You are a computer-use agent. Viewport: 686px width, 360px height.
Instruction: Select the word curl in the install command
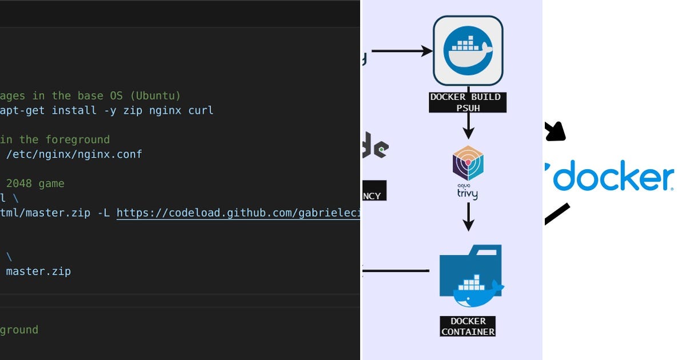[201, 110]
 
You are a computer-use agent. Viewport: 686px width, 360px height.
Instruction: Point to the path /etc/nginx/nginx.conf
[74, 154]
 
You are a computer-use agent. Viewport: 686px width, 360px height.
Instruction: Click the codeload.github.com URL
[238, 213]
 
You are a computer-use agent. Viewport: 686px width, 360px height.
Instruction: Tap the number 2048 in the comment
[19, 184]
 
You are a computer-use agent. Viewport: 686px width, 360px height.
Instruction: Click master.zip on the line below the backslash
[38, 271]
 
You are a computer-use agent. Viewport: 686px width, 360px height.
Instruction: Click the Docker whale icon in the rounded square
[468, 51]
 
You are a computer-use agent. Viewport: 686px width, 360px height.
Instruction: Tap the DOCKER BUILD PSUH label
[468, 102]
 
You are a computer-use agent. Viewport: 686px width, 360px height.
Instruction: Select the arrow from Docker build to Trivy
[468, 125]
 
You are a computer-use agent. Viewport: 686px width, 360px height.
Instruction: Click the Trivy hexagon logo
[468, 164]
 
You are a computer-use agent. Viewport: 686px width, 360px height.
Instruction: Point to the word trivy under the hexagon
[467, 194]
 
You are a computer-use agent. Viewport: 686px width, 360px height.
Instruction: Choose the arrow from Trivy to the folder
[468, 216]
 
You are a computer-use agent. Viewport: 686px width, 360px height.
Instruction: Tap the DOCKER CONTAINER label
[468, 326]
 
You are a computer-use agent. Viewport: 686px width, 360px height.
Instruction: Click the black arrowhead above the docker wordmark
[555, 131]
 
